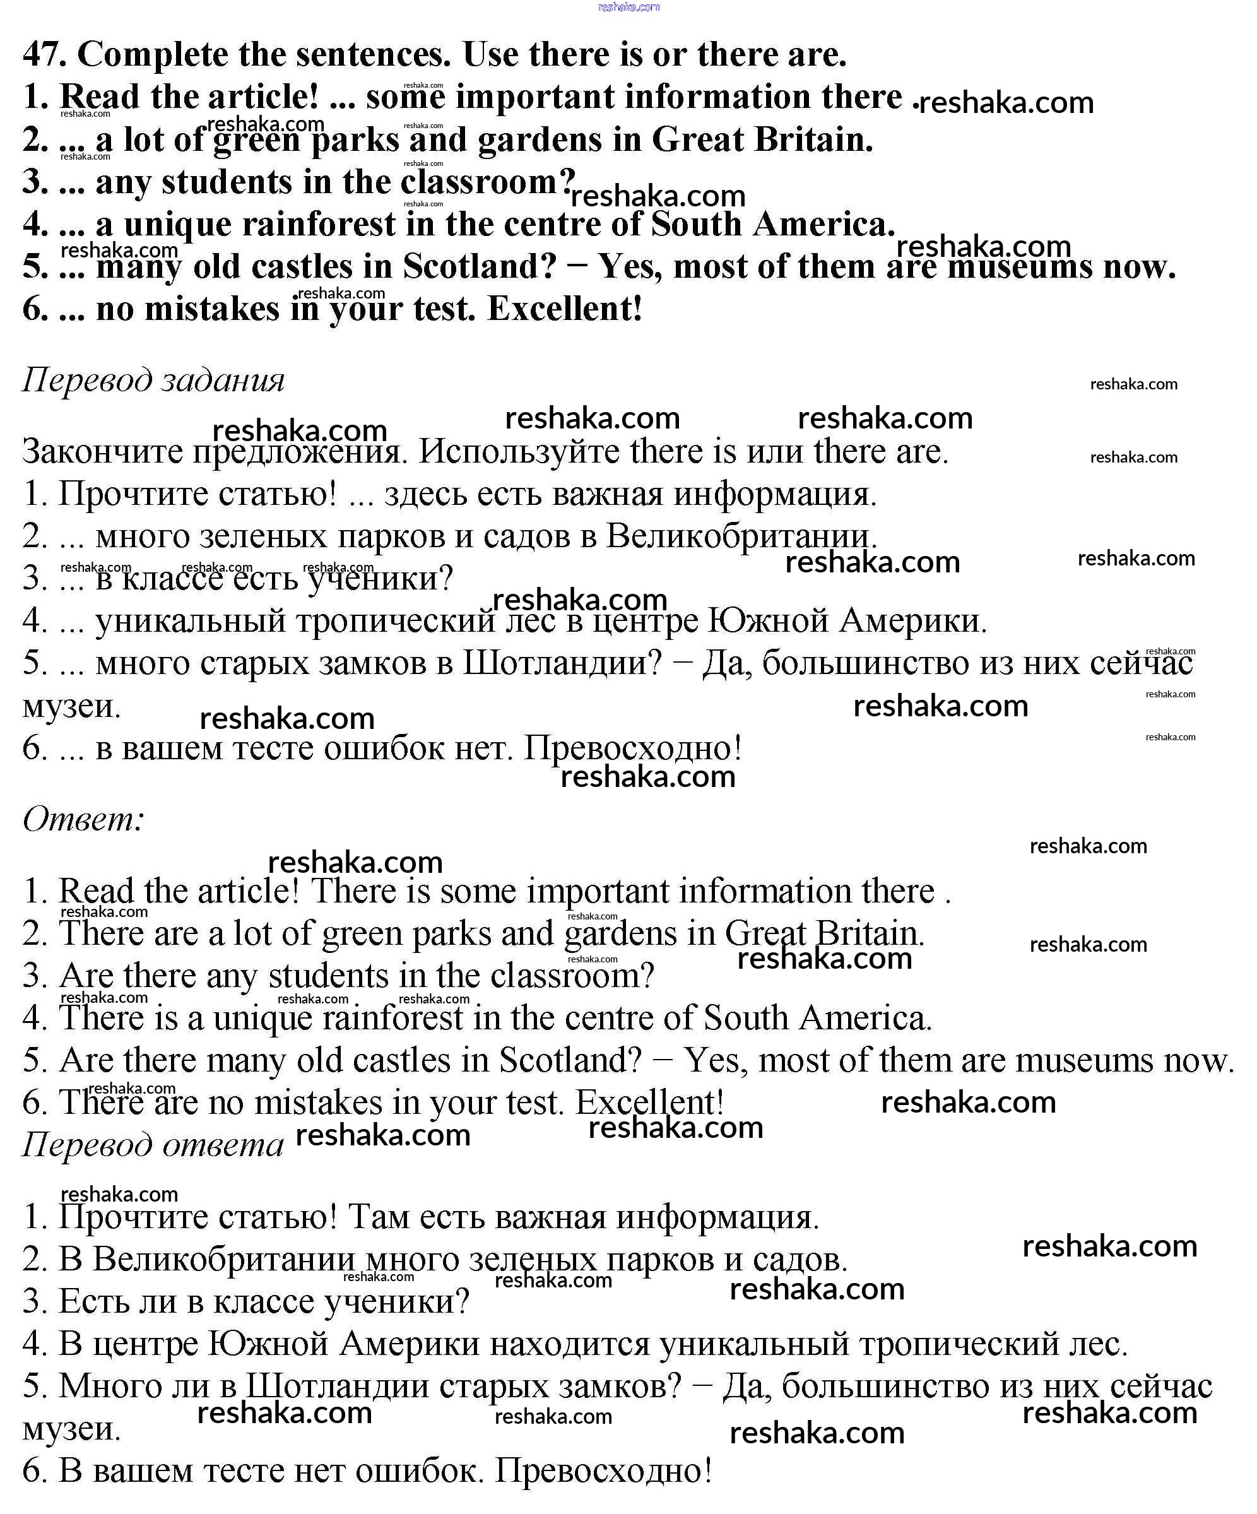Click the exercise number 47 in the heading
pos(44,55)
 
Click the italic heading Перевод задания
pos(153,380)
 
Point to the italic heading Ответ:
pos(83,819)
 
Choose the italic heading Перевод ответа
pos(153,1144)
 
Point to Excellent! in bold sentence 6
pos(564,309)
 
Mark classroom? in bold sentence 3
pos(488,182)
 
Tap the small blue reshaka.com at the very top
pos(628,7)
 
